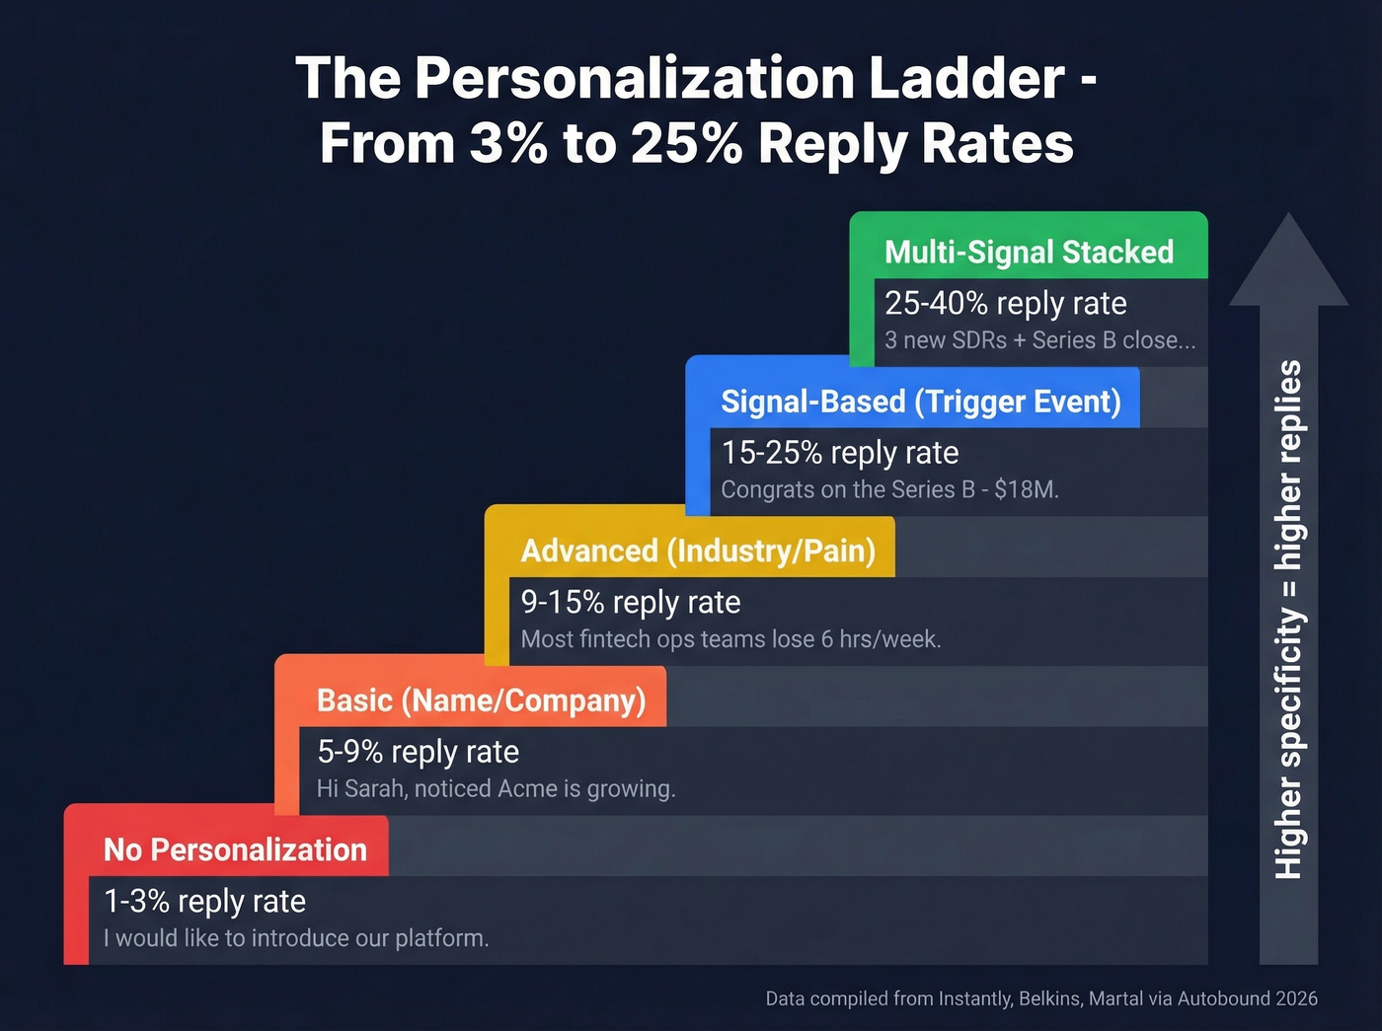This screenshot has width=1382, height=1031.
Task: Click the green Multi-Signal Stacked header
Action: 1029,252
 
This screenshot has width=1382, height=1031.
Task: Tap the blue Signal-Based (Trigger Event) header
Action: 920,402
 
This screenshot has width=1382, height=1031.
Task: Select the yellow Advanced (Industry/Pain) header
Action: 698,551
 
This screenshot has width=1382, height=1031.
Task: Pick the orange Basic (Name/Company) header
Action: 481,700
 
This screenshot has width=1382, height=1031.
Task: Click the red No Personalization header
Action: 235,849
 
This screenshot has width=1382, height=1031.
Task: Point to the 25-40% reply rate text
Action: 1005,303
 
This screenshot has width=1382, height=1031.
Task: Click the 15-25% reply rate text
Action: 840,453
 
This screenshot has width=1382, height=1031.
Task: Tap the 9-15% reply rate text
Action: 631,602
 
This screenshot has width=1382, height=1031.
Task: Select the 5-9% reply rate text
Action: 418,752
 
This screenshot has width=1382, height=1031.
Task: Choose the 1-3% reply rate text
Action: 204,901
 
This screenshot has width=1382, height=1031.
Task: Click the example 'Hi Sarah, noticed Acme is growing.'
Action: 496,789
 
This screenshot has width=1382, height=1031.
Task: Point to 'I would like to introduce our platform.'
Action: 296,938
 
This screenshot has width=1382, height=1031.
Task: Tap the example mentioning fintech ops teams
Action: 730,639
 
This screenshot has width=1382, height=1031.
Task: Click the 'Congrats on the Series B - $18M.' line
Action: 889,490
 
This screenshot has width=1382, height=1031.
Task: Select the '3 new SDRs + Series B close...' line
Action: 1039,340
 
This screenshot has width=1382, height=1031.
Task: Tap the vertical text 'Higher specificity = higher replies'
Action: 1288,620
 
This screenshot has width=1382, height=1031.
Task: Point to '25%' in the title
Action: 686,144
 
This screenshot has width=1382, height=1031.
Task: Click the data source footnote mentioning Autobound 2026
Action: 1041,998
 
